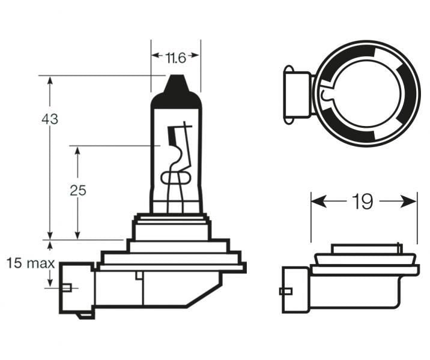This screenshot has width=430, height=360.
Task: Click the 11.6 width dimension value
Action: [175, 58]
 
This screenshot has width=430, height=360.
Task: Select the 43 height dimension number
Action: [50, 119]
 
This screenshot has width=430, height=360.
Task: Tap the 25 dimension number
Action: [78, 191]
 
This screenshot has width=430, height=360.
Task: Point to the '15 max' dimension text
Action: [31, 263]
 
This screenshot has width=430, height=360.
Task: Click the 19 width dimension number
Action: [363, 202]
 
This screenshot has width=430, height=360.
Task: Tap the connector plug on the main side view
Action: [76, 287]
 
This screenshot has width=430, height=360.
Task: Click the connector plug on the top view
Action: [296, 95]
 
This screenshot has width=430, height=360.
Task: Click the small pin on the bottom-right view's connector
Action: [285, 292]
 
